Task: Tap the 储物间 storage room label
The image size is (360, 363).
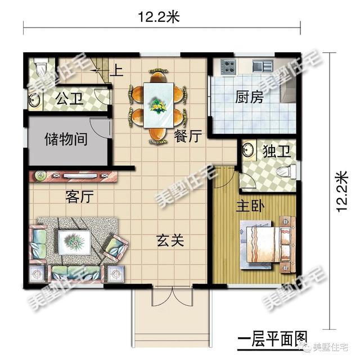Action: pos(65,138)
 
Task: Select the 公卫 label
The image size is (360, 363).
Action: pos(69,100)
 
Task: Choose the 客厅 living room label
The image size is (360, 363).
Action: pos(79,197)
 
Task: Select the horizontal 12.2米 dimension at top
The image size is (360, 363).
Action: pos(158,17)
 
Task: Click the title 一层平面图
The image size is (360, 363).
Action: pos(272,339)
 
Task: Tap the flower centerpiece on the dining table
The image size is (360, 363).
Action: pos(158,105)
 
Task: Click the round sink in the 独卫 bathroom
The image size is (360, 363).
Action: pos(247,152)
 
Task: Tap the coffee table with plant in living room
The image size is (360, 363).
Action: pos(74,242)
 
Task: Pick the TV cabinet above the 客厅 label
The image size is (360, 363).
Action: pos(75,176)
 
